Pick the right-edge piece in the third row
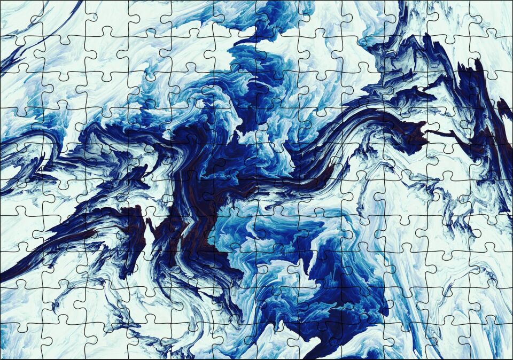point(492,90)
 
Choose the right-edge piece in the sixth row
point(492,198)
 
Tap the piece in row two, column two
point(64,53)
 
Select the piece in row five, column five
point(192,162)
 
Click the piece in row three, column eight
point(321,90)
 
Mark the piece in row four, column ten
point(406,126)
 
